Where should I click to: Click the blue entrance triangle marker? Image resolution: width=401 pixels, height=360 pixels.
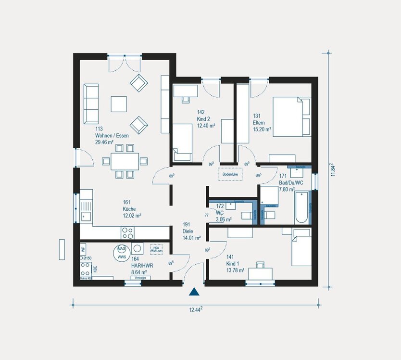194,291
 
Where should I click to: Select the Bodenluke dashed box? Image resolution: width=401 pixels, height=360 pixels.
230,174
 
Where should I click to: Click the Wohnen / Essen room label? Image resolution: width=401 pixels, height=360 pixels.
111,136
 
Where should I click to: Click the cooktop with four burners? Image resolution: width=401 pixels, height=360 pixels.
127,233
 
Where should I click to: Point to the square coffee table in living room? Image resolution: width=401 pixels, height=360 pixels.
119,104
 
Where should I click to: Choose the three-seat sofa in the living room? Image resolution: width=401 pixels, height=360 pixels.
91,103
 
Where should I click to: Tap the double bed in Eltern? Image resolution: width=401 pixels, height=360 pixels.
291,116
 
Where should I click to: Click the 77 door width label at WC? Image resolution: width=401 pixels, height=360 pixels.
207,215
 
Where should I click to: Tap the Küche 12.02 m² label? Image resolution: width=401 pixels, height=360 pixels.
132,209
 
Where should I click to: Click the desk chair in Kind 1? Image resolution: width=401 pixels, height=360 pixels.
260,264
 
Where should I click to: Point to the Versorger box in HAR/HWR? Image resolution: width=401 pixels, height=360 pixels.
140,278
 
